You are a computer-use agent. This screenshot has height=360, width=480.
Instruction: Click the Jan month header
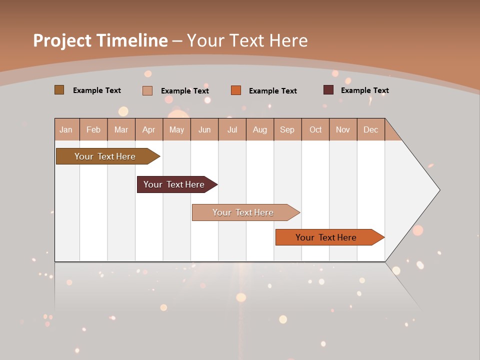66,129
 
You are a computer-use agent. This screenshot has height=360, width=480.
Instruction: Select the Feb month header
93,129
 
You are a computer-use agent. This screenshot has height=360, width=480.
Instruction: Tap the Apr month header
148,129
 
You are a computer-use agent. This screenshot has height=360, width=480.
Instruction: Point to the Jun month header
204,129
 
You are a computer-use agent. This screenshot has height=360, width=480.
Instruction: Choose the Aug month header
259,129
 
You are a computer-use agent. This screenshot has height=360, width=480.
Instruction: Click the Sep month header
287,129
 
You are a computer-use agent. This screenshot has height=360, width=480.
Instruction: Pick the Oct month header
315,129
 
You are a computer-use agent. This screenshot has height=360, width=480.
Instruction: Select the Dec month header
370,129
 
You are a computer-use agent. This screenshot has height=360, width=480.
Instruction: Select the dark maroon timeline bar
174,184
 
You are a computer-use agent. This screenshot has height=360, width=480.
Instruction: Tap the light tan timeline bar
243,212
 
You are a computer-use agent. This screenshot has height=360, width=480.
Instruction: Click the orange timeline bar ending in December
326,237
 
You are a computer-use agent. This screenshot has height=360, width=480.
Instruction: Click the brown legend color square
59,90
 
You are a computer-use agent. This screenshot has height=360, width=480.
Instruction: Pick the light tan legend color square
147,90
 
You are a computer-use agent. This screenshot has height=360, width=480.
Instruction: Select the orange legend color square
236,90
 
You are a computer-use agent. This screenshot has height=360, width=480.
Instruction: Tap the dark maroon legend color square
328,90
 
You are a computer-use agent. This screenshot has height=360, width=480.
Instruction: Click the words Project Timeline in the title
100,40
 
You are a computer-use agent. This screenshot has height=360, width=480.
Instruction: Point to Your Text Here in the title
247,40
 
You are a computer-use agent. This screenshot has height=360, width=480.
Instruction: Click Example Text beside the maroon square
364,90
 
